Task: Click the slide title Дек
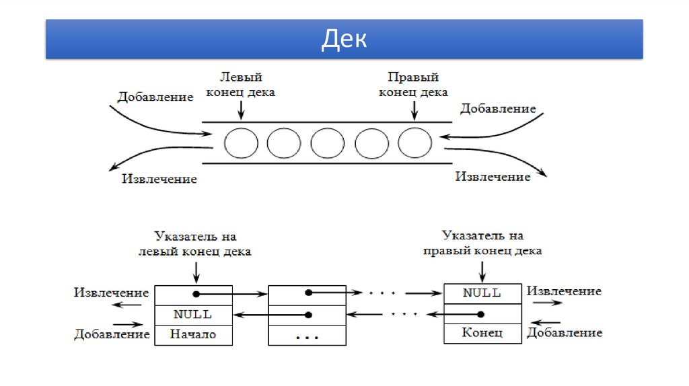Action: [x=344, y=39]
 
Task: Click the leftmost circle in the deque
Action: [x=241, y=143]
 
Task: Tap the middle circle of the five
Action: [x=328, y=143]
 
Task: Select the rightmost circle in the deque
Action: [x=414, y=143]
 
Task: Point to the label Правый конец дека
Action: [x=413, y=85]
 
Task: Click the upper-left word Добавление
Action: [x=155, y=97]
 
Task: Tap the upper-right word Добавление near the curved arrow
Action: [x=499, y=108]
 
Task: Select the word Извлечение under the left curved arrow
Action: [x=159, y=179]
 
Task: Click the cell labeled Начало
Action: [x=194, y=334]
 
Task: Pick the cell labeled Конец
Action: [x=482, y=333]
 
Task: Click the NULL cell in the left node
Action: [x=194, y=314]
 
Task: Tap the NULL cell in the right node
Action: [x=482, y=293]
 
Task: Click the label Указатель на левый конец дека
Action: [x=195, y=245]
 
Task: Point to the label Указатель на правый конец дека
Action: [x=482, y=243]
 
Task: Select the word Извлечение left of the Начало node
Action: [x=112, y=293]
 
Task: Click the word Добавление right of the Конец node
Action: [x=565, y=332]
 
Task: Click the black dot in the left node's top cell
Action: [x=196, y=294]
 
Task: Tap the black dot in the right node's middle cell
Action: [x=481, y=313]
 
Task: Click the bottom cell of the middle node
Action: [x=307, y=335]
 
